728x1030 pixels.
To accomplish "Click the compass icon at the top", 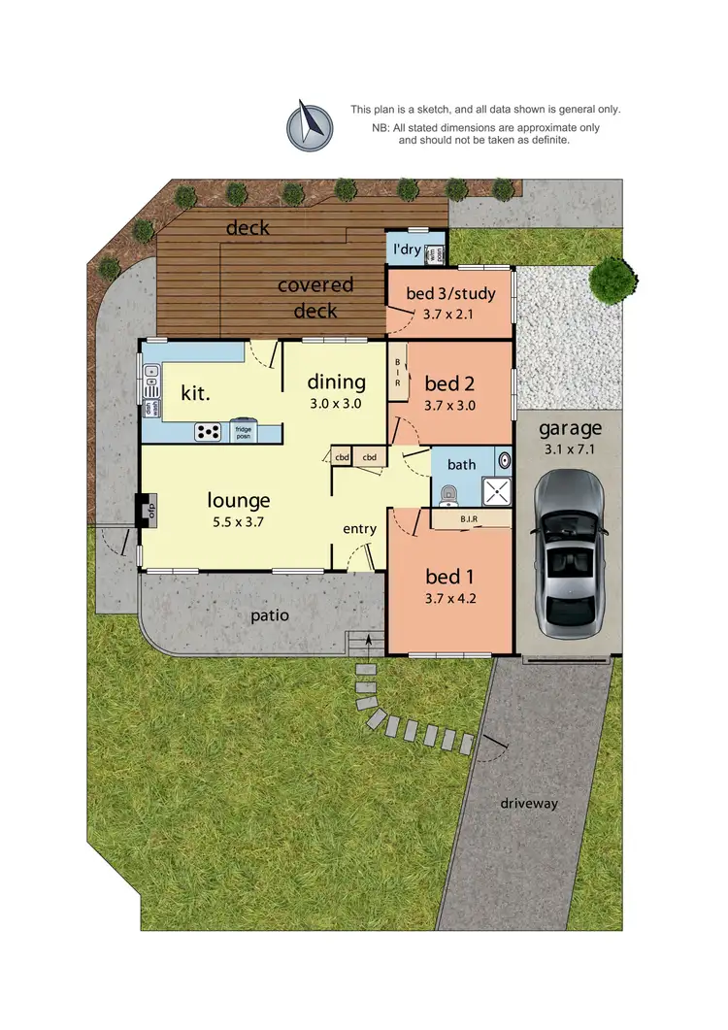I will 309,127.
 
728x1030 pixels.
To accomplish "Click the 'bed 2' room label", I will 449,383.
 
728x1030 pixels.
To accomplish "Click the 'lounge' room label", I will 238,501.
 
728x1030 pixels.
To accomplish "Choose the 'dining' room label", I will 337,382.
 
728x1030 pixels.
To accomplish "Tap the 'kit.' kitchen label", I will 197,393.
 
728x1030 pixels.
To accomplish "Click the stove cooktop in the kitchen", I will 209,431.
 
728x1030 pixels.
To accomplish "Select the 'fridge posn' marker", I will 243,432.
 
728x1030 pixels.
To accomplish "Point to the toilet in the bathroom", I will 447,497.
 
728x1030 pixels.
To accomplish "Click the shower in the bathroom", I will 497,491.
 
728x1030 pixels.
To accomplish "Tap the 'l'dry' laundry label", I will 406,249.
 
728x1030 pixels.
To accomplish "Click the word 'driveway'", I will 530,804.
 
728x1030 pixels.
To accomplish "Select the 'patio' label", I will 269,615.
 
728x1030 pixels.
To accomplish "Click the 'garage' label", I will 571,428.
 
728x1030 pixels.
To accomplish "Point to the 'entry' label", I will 359,528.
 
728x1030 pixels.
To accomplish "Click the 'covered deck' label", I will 315,297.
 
